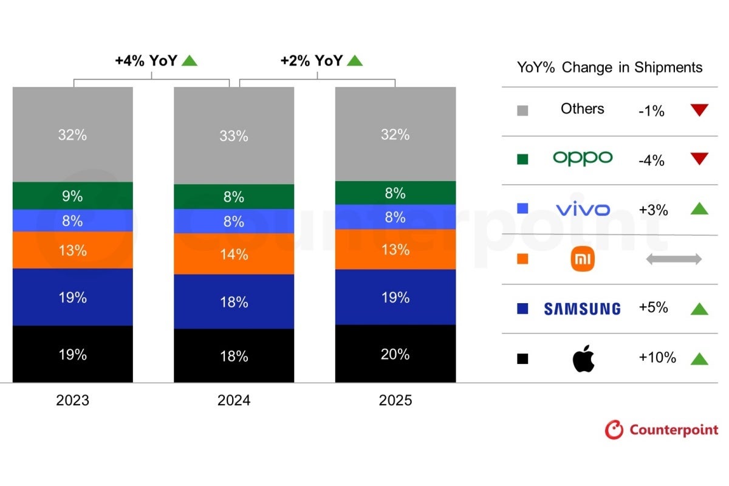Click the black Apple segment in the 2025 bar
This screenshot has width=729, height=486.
point(395,354)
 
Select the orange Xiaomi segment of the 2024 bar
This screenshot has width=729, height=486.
point(234,254)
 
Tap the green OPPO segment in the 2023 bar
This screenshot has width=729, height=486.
point(72,196)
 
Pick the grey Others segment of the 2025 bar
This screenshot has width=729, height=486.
point(395,134)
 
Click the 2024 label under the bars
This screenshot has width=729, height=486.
point(234,401)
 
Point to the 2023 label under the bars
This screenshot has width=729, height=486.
point(72,401)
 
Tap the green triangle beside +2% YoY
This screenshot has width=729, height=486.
point(355,61)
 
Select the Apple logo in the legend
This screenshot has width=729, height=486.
point(583,359)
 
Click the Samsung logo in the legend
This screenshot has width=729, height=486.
point(582,309)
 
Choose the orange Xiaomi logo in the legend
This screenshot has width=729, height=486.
point(583,259)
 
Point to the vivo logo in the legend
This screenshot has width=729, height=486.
point(583,210)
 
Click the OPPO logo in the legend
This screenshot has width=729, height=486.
point(583,159)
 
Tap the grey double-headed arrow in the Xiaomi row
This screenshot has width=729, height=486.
point(673,259)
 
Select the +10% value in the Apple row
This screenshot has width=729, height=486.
point(657,358)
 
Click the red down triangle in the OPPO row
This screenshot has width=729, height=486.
point(699,159)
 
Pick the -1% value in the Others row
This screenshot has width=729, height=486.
point(651,111)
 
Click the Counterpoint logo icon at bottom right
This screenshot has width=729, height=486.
point(614,430)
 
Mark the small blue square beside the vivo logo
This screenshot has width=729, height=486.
point(522,209)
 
